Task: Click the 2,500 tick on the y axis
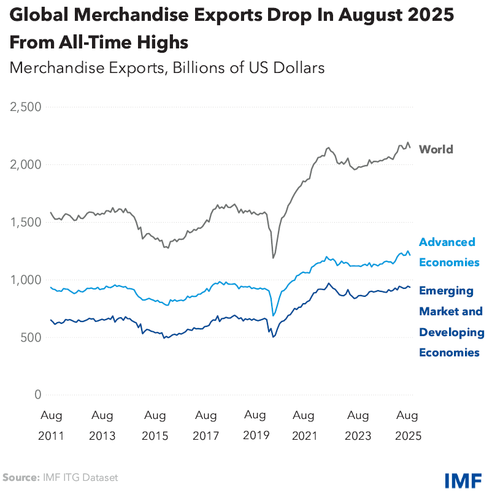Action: coord(25,107)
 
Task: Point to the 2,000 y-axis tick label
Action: coord(25,164)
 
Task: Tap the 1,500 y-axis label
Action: coord(25,222)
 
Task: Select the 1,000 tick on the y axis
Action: coord(25,280)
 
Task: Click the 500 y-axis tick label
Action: coord(30,337)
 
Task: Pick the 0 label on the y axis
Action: coord(37,395)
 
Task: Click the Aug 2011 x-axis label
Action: coord(51,425)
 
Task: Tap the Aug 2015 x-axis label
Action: coord(155,425)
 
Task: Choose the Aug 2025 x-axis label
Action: coord(407,425)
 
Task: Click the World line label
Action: coord(436,149)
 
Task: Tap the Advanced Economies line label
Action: coord(449,252)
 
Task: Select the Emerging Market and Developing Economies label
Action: coord(451,321)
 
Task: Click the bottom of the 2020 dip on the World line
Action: coord(273,258)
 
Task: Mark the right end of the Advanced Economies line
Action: coord(410,256)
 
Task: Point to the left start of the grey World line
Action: coord(51,212)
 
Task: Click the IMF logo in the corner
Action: coord(463,479)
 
